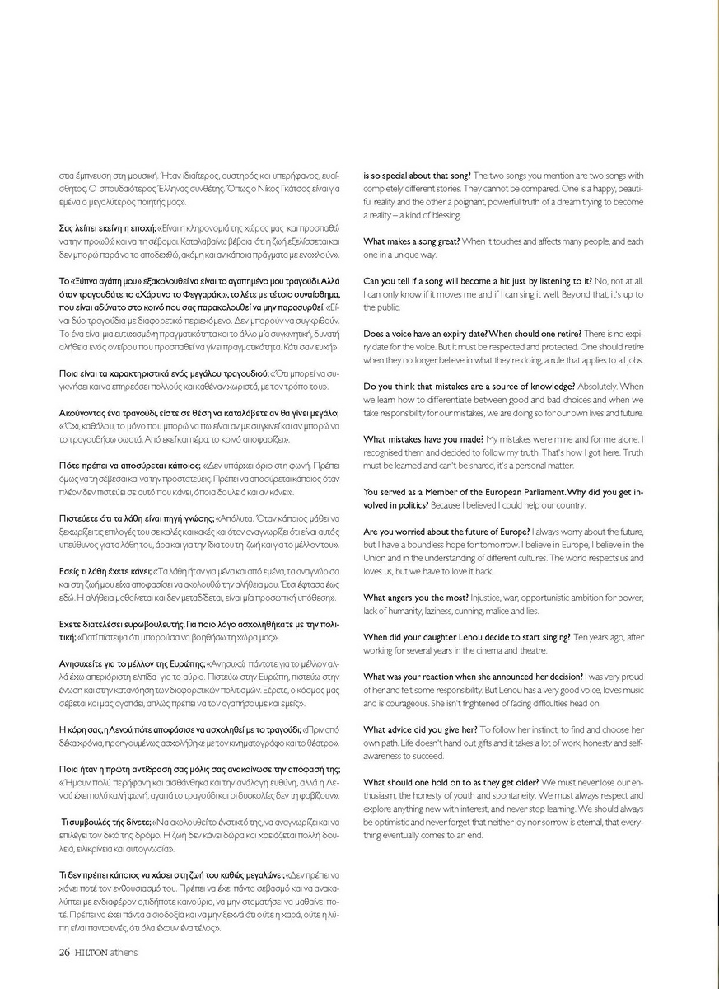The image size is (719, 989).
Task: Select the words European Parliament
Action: (x=535, y=492)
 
